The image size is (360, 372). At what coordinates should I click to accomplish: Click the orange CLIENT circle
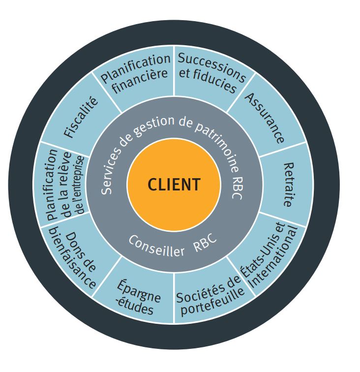point(174,185)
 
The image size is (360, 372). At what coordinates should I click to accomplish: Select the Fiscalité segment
point(81,119)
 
